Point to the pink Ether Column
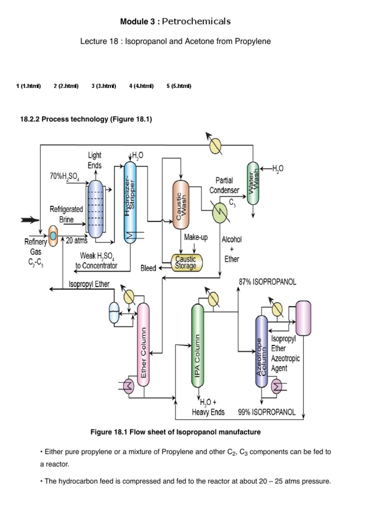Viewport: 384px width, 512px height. [x=143, y=344]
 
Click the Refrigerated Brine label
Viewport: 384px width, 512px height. [x=66, y=214]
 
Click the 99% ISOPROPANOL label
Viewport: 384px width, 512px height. [x=266, y=412]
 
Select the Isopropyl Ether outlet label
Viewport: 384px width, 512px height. [x=88, y=285]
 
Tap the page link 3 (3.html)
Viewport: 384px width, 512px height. [x=103, y=86]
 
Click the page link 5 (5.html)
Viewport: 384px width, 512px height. [x=178, y=86]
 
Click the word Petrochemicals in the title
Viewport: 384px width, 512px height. [x=204, y=21]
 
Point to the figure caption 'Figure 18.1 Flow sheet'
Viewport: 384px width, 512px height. [x=175, y=431]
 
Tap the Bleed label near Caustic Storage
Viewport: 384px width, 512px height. [x=148, y=268]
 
